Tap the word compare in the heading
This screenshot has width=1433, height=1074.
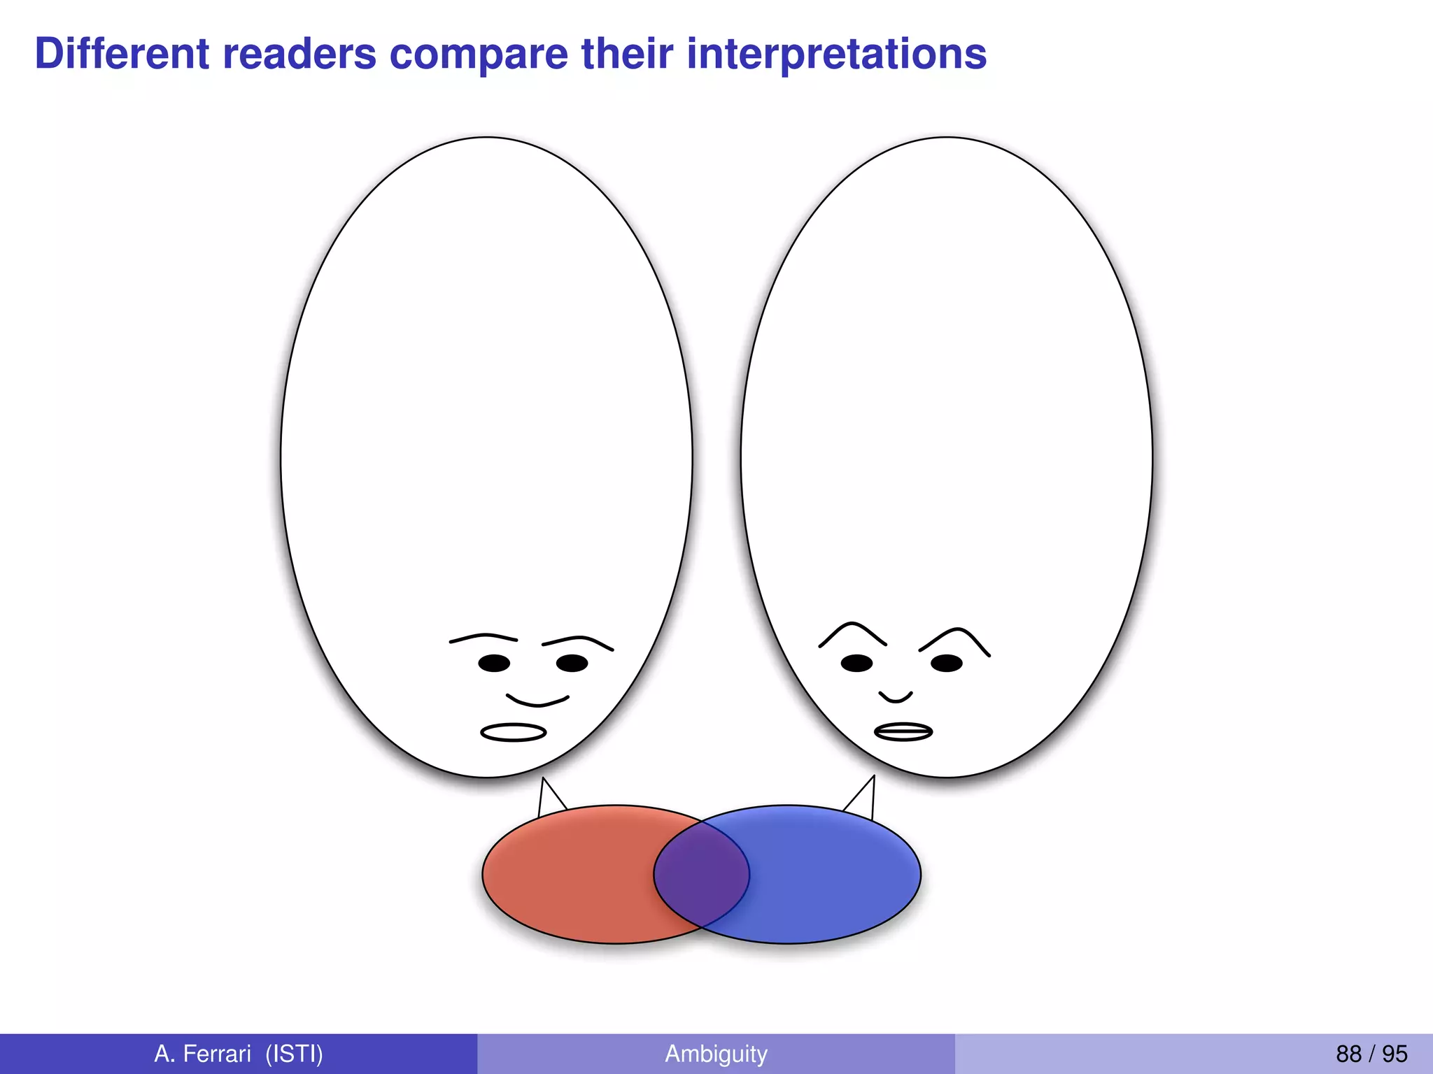pyautogui.click(x=479, y=55)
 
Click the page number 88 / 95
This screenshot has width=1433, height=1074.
pyautogui.click(x=1371, y=1053)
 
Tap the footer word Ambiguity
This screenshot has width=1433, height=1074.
pyautogui.click(x=716, y=1053)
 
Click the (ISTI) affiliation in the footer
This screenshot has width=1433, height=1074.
pyautogui.click(x=294, y=1053)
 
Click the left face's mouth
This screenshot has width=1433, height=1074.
pyautogui.click(x=513, y=732)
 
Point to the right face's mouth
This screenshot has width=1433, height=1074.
pyautogui.click(x=903, y=731)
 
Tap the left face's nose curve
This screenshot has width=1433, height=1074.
pyautogui.click(x=537, y=700)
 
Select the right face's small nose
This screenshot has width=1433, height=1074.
pyautogui.click(x=896, y=696)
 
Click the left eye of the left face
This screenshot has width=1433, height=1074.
pyautogui.click(x=494, y=663)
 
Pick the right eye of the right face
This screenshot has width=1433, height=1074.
pyautogui.click(x=947, y=663)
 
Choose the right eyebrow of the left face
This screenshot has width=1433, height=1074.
pyautogui.click(x=578, y=641)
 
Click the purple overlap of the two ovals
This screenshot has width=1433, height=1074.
pyautogui.click(x=701, y=874)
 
